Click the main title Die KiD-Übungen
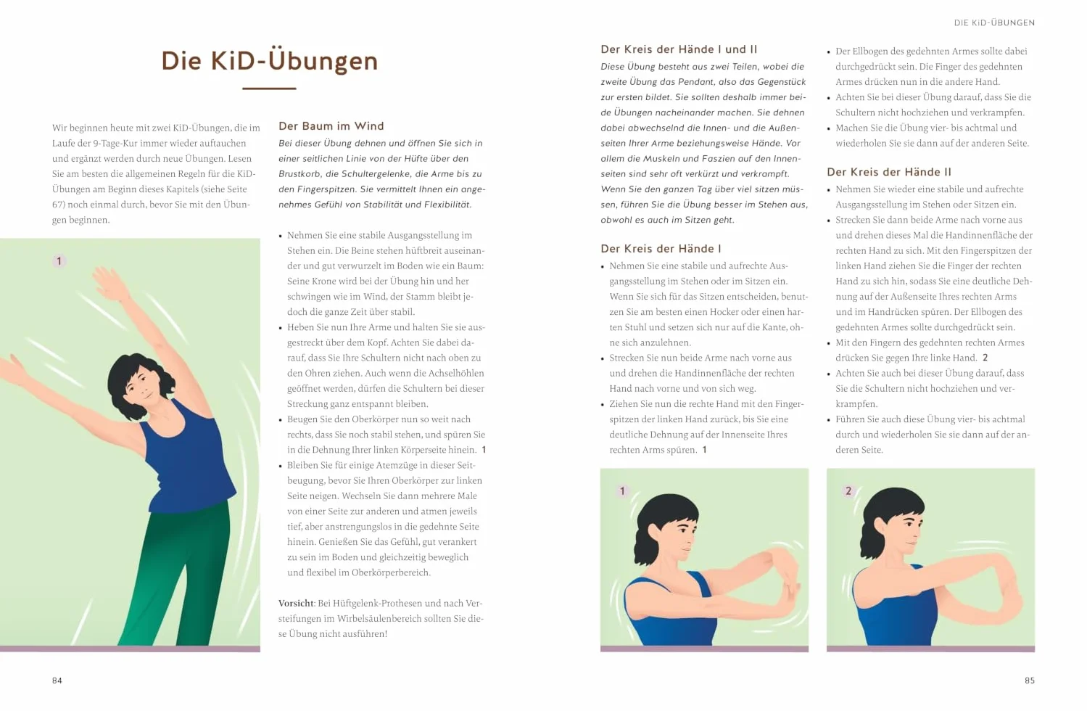[x=269, y=62]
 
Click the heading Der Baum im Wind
[x=331, y=126]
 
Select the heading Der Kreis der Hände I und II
[x=679, y=49]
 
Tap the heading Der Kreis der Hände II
[x=888, y=172]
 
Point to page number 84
[x=57, y=681]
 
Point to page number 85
[x=1029, y=681]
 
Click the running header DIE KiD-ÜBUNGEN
[x=994, y=22]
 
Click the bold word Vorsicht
[x=296, y=603]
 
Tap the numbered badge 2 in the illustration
[x=848, y=491]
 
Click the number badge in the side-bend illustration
[x=59, y=261]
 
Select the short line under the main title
[x=269, y=89]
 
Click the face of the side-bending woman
[x=141, y=385]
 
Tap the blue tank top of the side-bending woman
[x=187, y=456]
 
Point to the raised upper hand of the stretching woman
[x=109, y=281]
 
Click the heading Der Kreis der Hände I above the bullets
[x=661, y=249]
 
